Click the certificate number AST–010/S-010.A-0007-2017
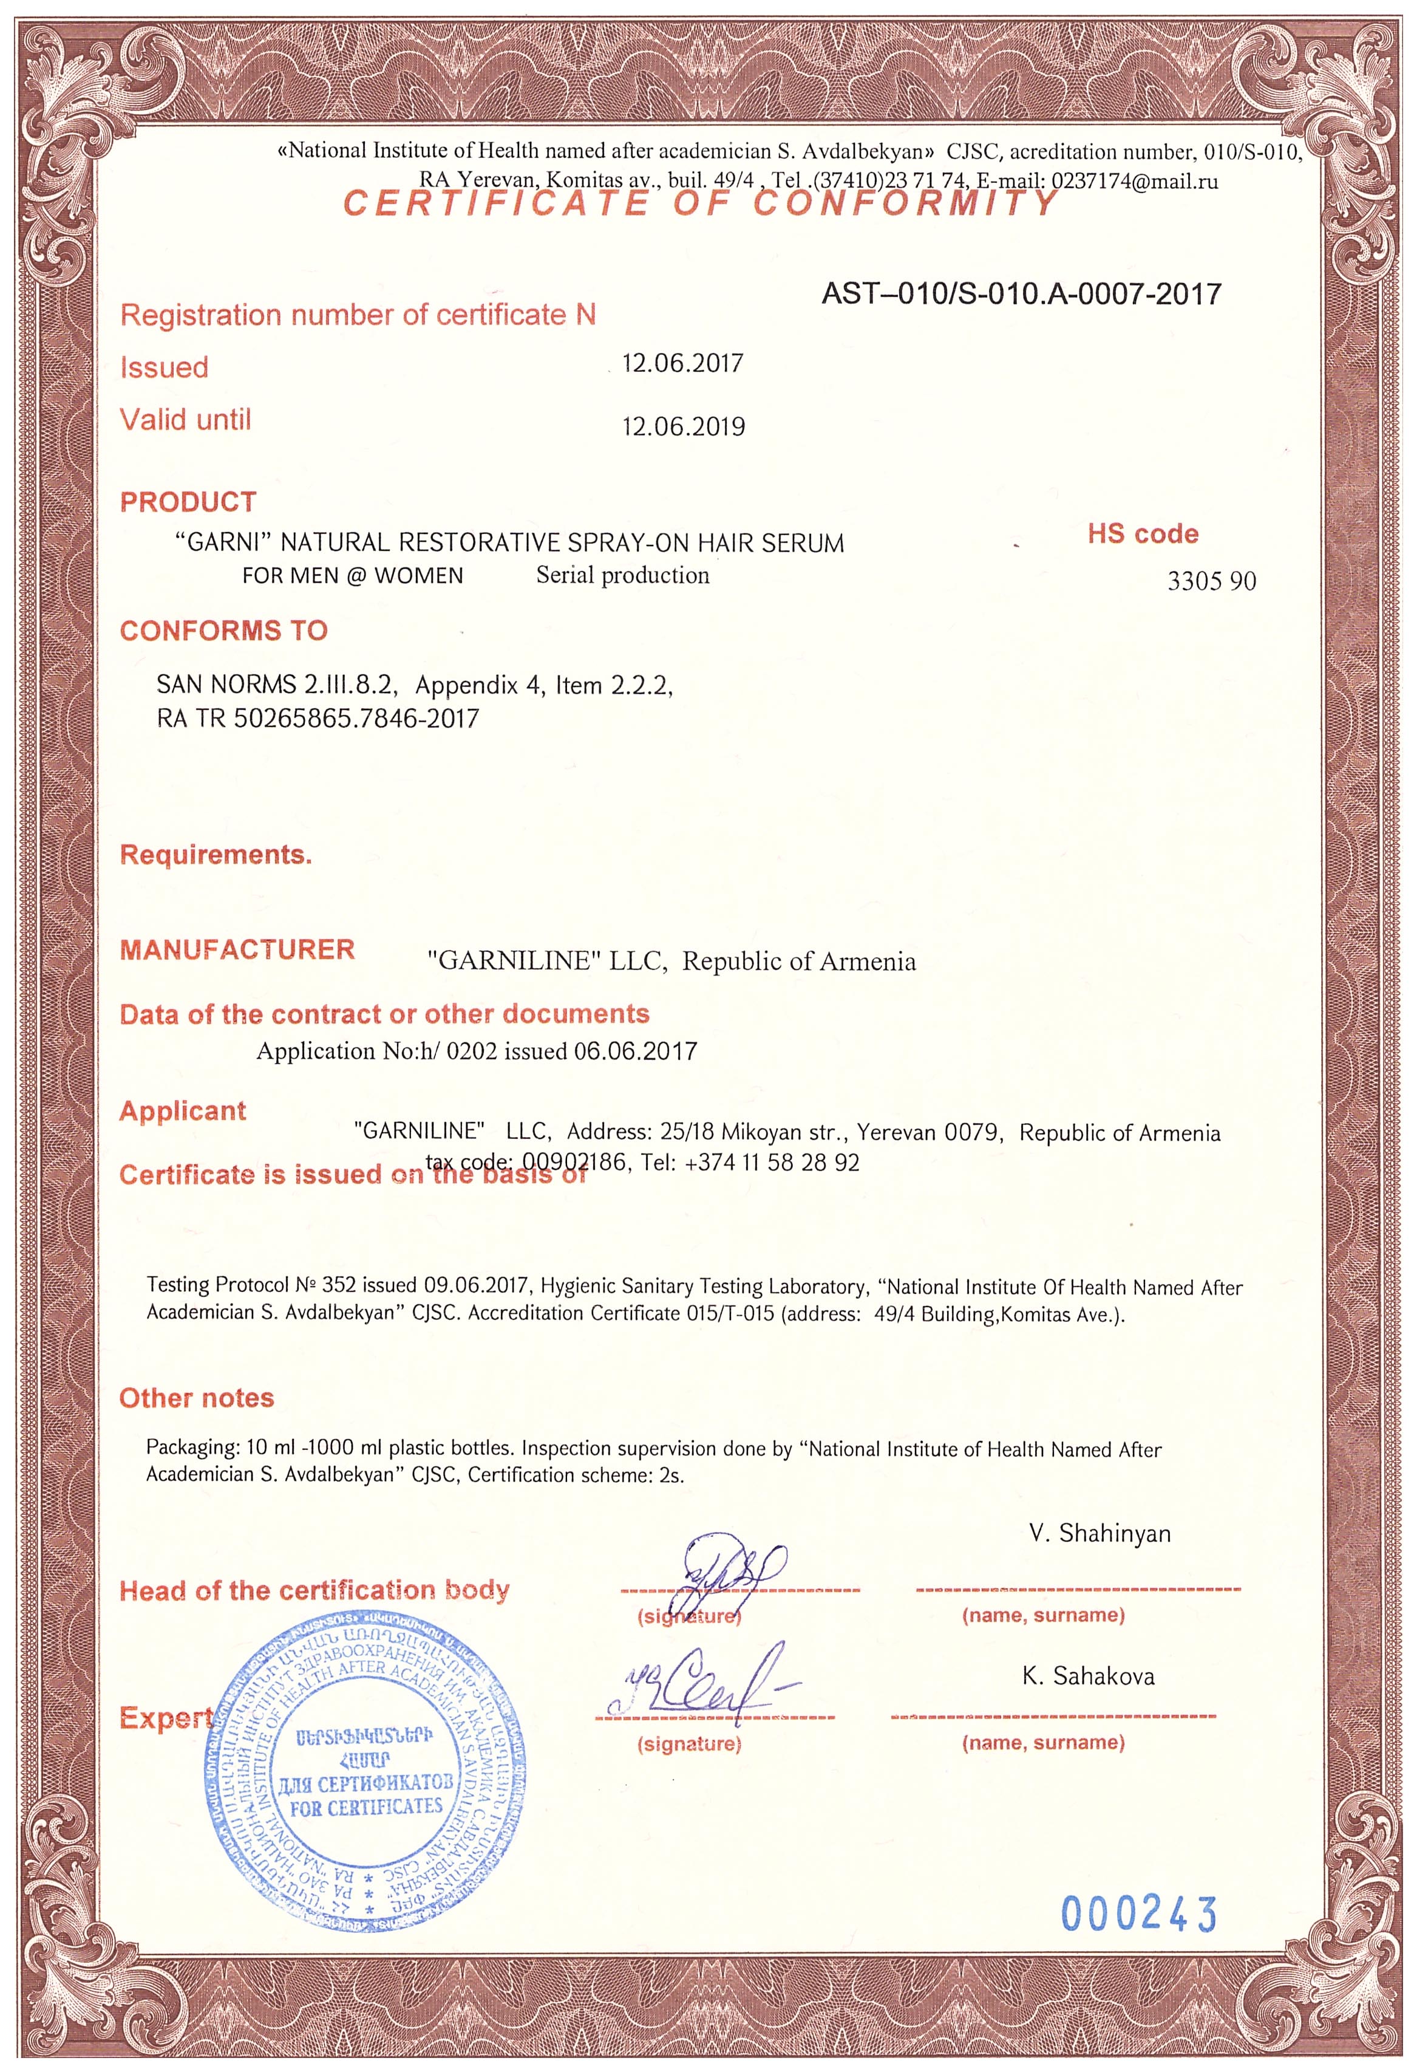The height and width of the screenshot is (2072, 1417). (x=1021, y=293)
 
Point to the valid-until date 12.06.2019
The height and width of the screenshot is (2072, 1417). (x=682, y=427)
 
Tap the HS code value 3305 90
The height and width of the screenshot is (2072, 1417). (x=1211, y=581)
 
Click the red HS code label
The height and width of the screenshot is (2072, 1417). (x=1143, y=534)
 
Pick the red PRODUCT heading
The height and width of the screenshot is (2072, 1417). (x=188, y=502)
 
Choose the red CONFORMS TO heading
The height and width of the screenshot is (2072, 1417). (x=223, y=631)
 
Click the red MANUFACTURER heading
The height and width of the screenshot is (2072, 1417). (x=237, y=949)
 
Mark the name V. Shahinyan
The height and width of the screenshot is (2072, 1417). (x=1099, y=1533)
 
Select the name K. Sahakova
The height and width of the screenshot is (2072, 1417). (x=1088, y=1676)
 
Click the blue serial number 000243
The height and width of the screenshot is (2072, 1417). (x=1138, y=1914)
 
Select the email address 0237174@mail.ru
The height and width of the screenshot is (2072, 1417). (x=1135, y=181)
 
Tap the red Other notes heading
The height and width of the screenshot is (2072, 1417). (x=197, y=1398)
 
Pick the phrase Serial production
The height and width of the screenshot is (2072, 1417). (x=622, y=575)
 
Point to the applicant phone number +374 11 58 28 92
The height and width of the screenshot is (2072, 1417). (x=772, y=1163)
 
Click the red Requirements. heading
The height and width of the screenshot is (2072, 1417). (x=216, y=855)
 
